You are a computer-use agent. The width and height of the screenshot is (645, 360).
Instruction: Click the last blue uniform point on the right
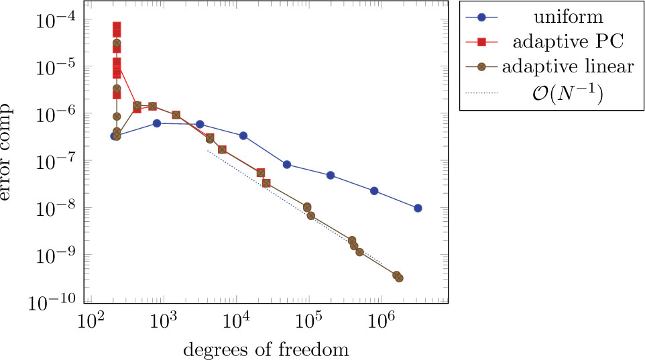pyautogui.click(x=418, y=208)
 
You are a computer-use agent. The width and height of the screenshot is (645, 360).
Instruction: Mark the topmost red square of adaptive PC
pyautogui.click(x=117, y=27)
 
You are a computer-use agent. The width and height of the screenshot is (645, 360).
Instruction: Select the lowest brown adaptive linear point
pyautogui.click(x=399, y=278)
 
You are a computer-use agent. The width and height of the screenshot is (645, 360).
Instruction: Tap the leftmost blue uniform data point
pyautogui.click(x=114, y=136)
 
